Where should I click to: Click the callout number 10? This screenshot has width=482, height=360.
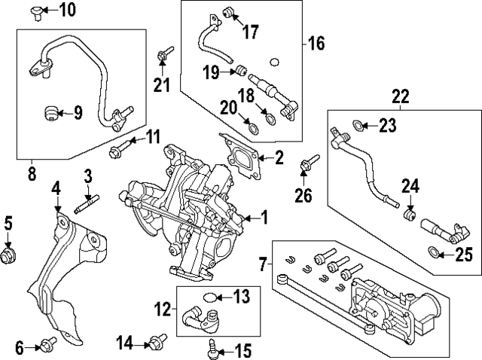68,10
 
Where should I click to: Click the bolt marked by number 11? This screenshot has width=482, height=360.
118,151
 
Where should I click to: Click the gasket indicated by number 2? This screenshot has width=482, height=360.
239,157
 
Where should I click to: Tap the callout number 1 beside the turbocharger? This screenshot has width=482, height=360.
264,218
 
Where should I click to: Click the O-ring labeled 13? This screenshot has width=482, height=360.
214,297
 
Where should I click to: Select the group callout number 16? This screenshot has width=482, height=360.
316,44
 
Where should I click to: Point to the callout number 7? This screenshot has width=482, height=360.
262,265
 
